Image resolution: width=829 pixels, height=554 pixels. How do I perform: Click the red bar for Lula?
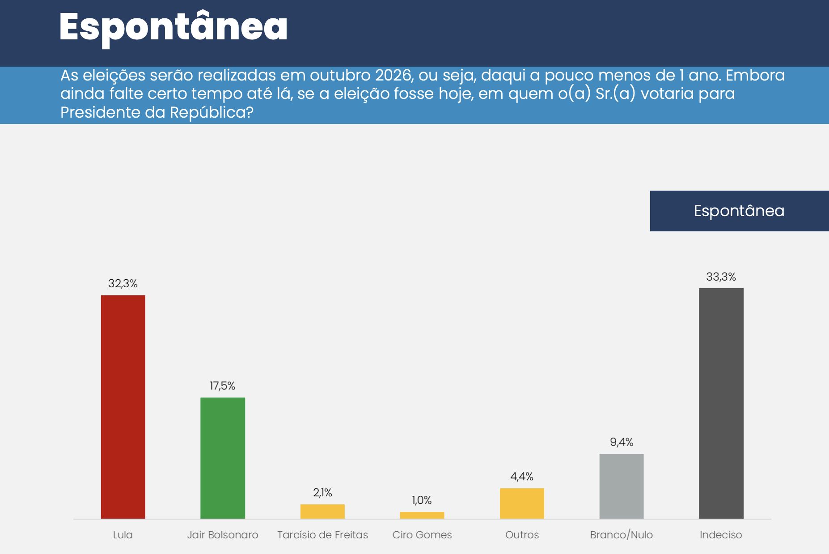(123, 407)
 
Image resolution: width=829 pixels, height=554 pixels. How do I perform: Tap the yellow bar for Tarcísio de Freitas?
(322, 511)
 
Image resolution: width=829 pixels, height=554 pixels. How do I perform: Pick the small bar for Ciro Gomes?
(422, 515)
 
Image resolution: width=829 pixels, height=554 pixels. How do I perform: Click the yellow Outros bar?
(522, 503)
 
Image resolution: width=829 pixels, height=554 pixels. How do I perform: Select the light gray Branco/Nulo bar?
(622, 486)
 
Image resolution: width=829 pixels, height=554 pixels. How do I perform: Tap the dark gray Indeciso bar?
(721, 403)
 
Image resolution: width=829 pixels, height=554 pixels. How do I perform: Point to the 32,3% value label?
(123, 283)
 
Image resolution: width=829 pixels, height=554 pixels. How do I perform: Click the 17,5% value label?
(223, 386)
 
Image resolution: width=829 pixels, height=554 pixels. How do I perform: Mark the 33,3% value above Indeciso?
(721, 277)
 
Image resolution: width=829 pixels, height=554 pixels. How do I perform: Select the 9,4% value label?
(622, 442)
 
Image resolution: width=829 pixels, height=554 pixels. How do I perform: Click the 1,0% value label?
(422, 500)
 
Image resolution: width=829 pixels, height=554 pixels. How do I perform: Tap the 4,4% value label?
(522, 476)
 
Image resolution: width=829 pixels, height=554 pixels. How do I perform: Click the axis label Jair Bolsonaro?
(223, 535)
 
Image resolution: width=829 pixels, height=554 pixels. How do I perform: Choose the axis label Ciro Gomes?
(422, 535)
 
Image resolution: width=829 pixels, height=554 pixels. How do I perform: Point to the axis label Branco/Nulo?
(622, 535)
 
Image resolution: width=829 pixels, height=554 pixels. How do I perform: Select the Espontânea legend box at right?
(739, 211)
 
